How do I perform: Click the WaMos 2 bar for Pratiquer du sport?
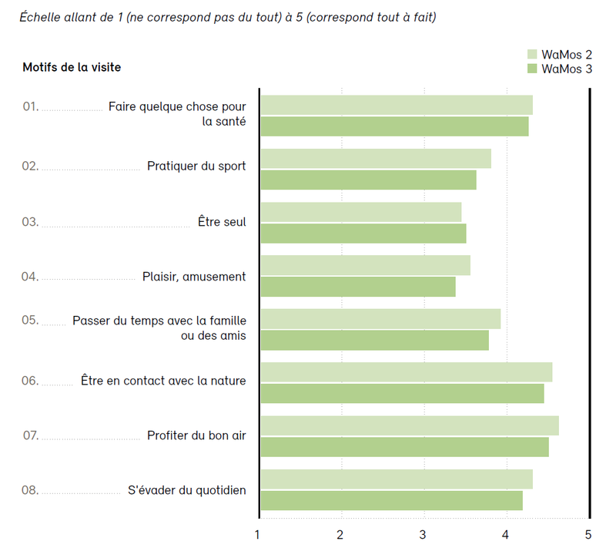tap(376, 159)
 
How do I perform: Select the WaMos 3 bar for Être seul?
tap(363, 233)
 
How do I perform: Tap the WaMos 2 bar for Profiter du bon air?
tap(410, 425)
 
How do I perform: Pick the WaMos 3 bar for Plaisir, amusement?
tap(358, 287)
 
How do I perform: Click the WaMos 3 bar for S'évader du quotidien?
tap(391, 500)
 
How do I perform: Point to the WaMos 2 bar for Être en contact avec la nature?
tap(407, 371)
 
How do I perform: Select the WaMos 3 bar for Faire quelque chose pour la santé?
tap(394, 126)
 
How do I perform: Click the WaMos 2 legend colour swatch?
tap(531, 54)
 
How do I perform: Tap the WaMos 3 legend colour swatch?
tap(531, 69)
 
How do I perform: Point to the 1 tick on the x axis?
tap(258, 534)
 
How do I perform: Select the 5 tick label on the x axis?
tap(589, 534)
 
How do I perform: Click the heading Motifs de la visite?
tap(72, 67)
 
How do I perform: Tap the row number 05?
tap(31, 320)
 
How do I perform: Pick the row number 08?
tap(31, 489)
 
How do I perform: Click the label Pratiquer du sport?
tap(196, 166)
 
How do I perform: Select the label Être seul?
tap(222, 222)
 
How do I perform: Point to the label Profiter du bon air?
tap(196, 435)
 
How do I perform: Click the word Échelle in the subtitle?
tap(42, 17)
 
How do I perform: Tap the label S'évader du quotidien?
tap(187, 489)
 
